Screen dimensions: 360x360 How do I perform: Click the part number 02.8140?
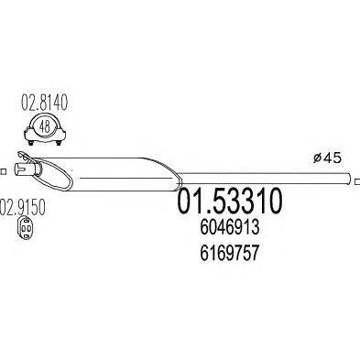pos(44,103)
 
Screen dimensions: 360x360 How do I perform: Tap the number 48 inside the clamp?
pos(45,127)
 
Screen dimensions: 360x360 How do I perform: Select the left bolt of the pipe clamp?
pos(30,142)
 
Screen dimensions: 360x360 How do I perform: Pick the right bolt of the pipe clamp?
pos(59,142)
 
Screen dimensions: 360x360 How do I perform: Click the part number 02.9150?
pos(23,207)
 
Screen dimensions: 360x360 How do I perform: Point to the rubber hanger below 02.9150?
pos(26,228)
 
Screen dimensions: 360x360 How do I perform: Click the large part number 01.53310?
pos(229,201)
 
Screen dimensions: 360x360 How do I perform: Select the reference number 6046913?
pos(230,227)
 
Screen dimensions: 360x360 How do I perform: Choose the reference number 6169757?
pos(230,253)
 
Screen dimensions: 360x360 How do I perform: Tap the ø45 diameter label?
pos(327,158)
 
